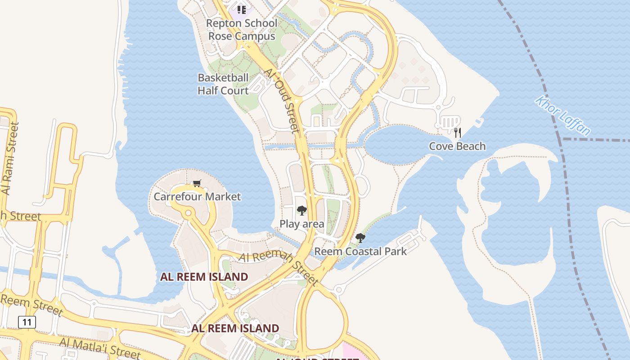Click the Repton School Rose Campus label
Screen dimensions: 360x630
tap(242, 30)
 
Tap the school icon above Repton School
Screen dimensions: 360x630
tap(242, 9)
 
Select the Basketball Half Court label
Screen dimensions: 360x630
tap(223, 84)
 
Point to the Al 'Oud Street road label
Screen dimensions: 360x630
tap(282, 100)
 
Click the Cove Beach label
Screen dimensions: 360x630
tap(457, 146)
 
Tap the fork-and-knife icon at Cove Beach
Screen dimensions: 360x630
tap(458, 132)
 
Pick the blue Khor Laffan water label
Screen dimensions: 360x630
tap(563, 115)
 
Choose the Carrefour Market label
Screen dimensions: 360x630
tap(197, 197)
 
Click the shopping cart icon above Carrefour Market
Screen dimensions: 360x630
tap(197, 183)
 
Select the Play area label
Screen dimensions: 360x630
tap(302, 224)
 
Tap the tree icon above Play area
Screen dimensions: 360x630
tap(301, 210)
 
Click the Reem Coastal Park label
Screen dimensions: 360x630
tap(360, 252)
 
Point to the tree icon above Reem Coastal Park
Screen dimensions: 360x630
tap(360, 238)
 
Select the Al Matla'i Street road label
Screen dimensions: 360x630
tap(100, 348)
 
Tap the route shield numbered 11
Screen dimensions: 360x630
tap(27, 322)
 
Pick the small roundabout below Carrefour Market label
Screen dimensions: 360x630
tap(188, 213)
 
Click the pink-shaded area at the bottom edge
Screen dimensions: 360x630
tap(353, 351)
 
